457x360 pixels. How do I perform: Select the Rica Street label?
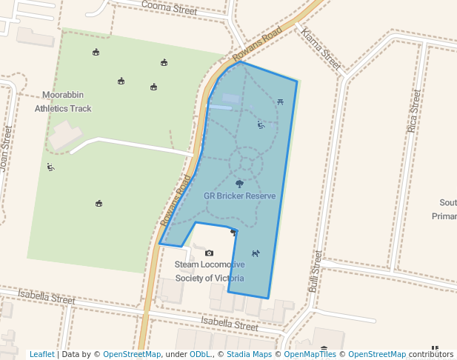pos(414,112)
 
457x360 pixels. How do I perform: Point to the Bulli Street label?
pos(316,271)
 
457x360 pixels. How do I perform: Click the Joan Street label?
pos(6,149)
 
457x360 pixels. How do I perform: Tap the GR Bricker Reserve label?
pos(239,196)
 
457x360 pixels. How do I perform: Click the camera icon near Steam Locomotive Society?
pos(209,253)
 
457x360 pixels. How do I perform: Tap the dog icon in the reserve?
pos(256,253)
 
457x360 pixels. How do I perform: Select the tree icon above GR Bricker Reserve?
pos(239,183)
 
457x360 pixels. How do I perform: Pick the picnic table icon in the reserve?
pos(280,101)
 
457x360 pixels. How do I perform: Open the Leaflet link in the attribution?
pos(41,354)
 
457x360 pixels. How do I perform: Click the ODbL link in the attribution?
pos(200,354)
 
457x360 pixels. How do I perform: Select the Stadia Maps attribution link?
pos(249,354)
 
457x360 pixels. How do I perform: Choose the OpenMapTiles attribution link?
pos(310,354)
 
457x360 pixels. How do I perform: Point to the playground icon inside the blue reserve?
pos(261,124)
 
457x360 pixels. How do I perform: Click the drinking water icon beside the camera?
pos(233,233)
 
